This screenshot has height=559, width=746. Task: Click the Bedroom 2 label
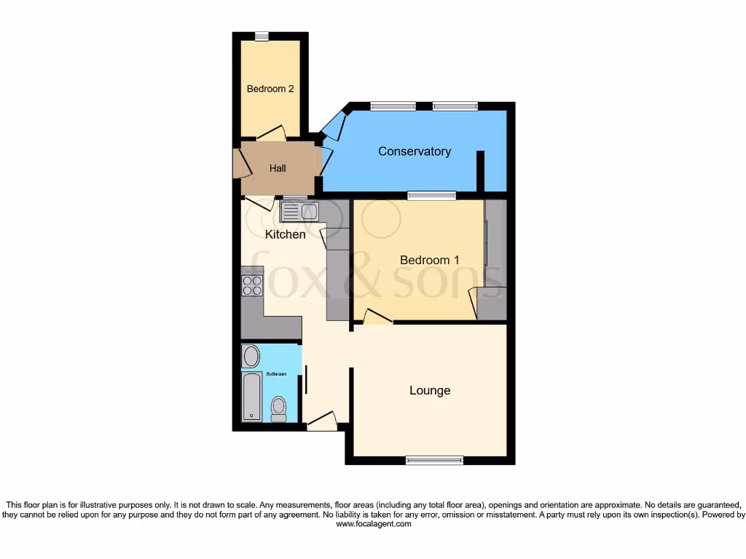point(270,89)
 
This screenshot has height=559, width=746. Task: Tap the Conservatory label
point(414,151)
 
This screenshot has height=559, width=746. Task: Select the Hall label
point(278,168)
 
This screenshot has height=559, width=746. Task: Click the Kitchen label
point(285,234)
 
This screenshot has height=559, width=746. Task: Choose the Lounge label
point(430,390)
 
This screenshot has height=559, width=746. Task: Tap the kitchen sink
point(299,212)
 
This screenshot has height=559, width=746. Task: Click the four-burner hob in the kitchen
point(252,285)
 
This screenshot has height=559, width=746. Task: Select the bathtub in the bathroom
point(252,396)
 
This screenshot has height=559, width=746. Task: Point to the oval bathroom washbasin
point(251,357)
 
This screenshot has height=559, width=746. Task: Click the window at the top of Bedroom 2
point(261,36)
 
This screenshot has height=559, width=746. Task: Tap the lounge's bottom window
point(434,460)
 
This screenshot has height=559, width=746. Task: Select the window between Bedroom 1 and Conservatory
point(431,195)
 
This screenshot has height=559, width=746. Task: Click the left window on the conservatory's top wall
point(393,106)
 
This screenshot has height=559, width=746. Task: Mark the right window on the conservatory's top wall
point(455,106)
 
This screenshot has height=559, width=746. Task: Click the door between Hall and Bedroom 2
point(270,134)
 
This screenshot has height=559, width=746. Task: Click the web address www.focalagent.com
point(373,523)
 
